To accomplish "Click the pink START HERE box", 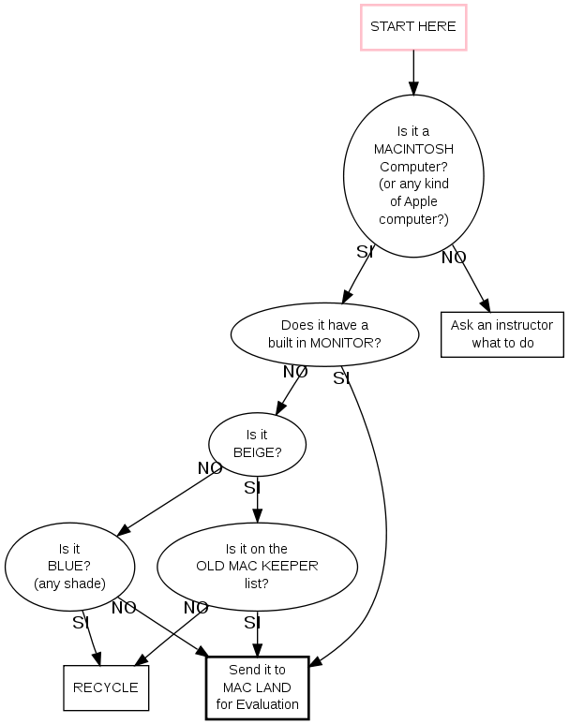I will point(413,27).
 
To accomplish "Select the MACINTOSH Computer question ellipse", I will point(413,176).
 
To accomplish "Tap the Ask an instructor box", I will point(502,334).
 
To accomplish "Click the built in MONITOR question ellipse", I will point(324,334).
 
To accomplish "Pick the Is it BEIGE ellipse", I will point(257,444).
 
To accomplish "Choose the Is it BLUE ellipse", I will point(69,567).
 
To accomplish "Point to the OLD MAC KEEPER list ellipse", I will point(257,567).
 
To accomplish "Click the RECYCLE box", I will point(105,687).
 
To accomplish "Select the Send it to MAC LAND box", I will point(257,687).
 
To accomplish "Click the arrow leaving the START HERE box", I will point(413,72).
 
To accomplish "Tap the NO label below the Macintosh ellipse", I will point(454,258).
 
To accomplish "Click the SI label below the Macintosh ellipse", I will point(365,252).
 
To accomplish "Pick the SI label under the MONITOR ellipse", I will point(341,378).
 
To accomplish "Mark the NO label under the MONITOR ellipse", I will point(295,372).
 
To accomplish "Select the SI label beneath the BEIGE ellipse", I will point(251,488).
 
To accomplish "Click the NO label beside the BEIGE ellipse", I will point(210,468).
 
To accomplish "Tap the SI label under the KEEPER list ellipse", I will point(251,623).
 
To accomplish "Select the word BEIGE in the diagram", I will point(257,452).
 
